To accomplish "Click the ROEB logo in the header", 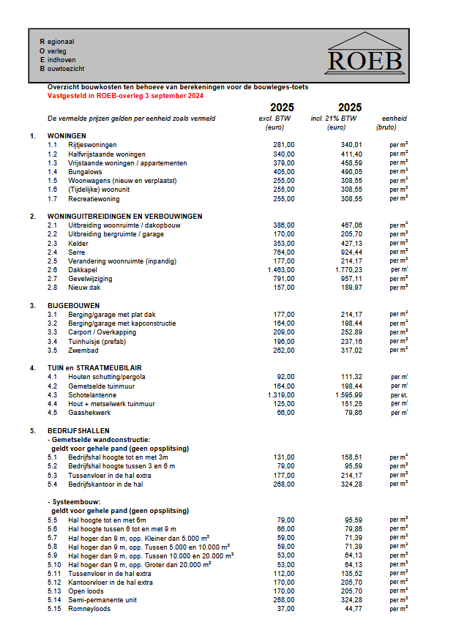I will (365, 53).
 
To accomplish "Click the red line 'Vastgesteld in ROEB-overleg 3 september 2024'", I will (125, 96).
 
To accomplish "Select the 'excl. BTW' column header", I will (277, 118).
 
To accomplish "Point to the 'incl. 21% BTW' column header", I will (334, 118).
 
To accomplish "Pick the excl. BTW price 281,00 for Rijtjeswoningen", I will (283, 145).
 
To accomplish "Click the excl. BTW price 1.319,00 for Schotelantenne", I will (281, 394).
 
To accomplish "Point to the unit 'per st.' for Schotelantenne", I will (398, 394).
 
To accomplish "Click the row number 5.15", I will (55, 608).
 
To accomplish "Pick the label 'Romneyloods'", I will (89, 608).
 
